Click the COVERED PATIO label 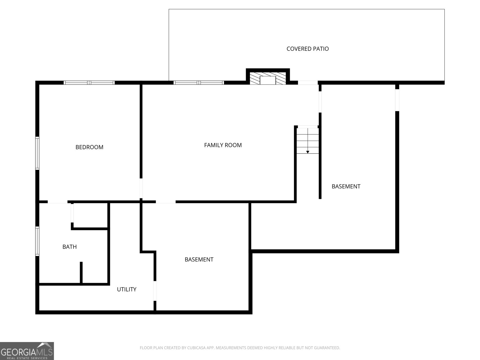point(307,49)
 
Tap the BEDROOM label point(89,147)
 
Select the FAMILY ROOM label point(223,145)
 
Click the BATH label point(69,247)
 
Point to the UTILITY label point(126,289)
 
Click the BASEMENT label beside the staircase point(346,186)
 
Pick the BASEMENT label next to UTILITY point(199,259)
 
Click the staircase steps point(307,139)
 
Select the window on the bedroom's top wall point(89,82)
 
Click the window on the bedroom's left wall point(37,153)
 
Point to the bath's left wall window point(37,241)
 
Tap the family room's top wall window point(199,82)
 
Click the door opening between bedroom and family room point(141,188)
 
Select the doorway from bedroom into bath point(57,202)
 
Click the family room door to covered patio point(307,82)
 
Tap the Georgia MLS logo point(27,351)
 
